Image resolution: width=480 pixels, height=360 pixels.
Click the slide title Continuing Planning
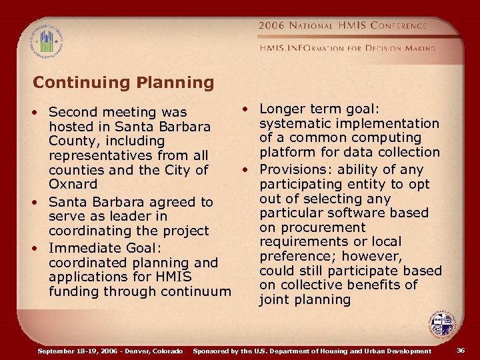pyautogui.click(x=123, y=83)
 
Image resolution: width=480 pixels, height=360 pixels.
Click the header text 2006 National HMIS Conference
pyautogui.click(x=343, y=25)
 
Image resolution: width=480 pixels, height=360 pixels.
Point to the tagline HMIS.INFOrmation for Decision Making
pyautogui.click(x=347, y=48)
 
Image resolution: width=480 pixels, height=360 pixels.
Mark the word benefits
pyautogui.click(x=365, y=285)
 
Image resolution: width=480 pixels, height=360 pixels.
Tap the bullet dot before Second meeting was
pyautogui.click(x=39, y=112)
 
